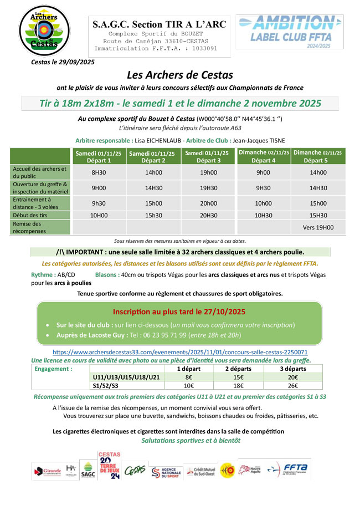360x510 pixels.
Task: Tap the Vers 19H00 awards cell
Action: (x=318, y=227)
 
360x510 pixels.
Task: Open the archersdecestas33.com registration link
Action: (x=180, y=352)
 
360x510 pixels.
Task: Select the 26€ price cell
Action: (x=294, y=386)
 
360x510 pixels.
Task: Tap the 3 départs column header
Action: (x=294, y=369)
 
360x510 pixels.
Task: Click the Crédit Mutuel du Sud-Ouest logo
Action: (x=199, y=471)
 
